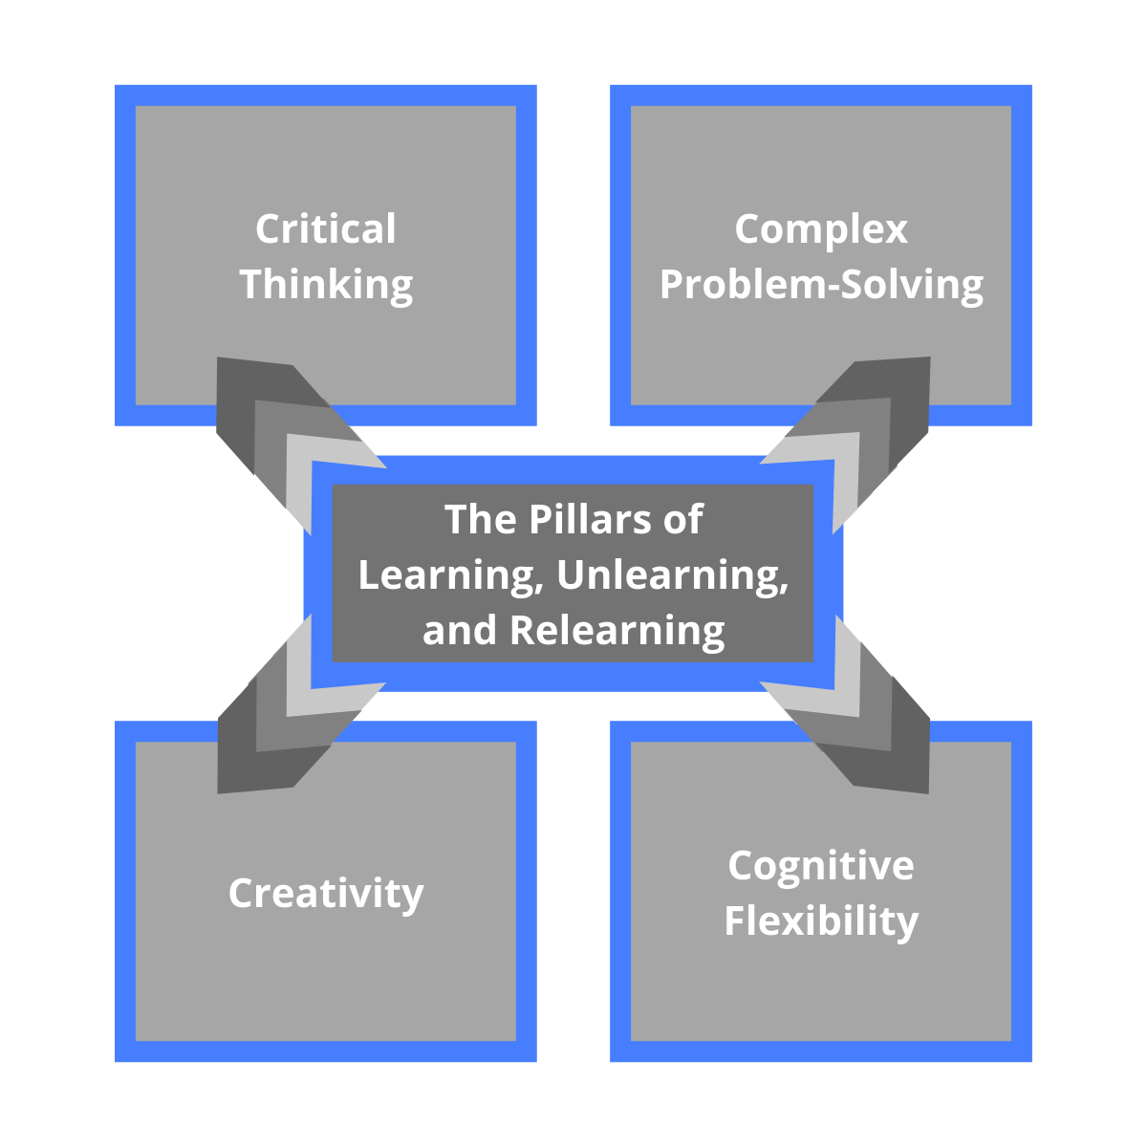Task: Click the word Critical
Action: [x=326, y=229]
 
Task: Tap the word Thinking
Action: [x=326, y=285]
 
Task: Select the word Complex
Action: [x=821, y=229]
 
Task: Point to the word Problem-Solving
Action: [x=821, y=285]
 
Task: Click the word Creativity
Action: [x=326, y=894]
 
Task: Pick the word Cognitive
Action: [x=821, y=866]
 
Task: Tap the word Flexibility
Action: [x=821, y=921]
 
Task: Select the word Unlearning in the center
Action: [x=672, y=575]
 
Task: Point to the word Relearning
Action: [x=617, y=631]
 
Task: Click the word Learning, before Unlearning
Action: [x=444, y=575]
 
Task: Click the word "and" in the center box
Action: [x=459, y=631]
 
